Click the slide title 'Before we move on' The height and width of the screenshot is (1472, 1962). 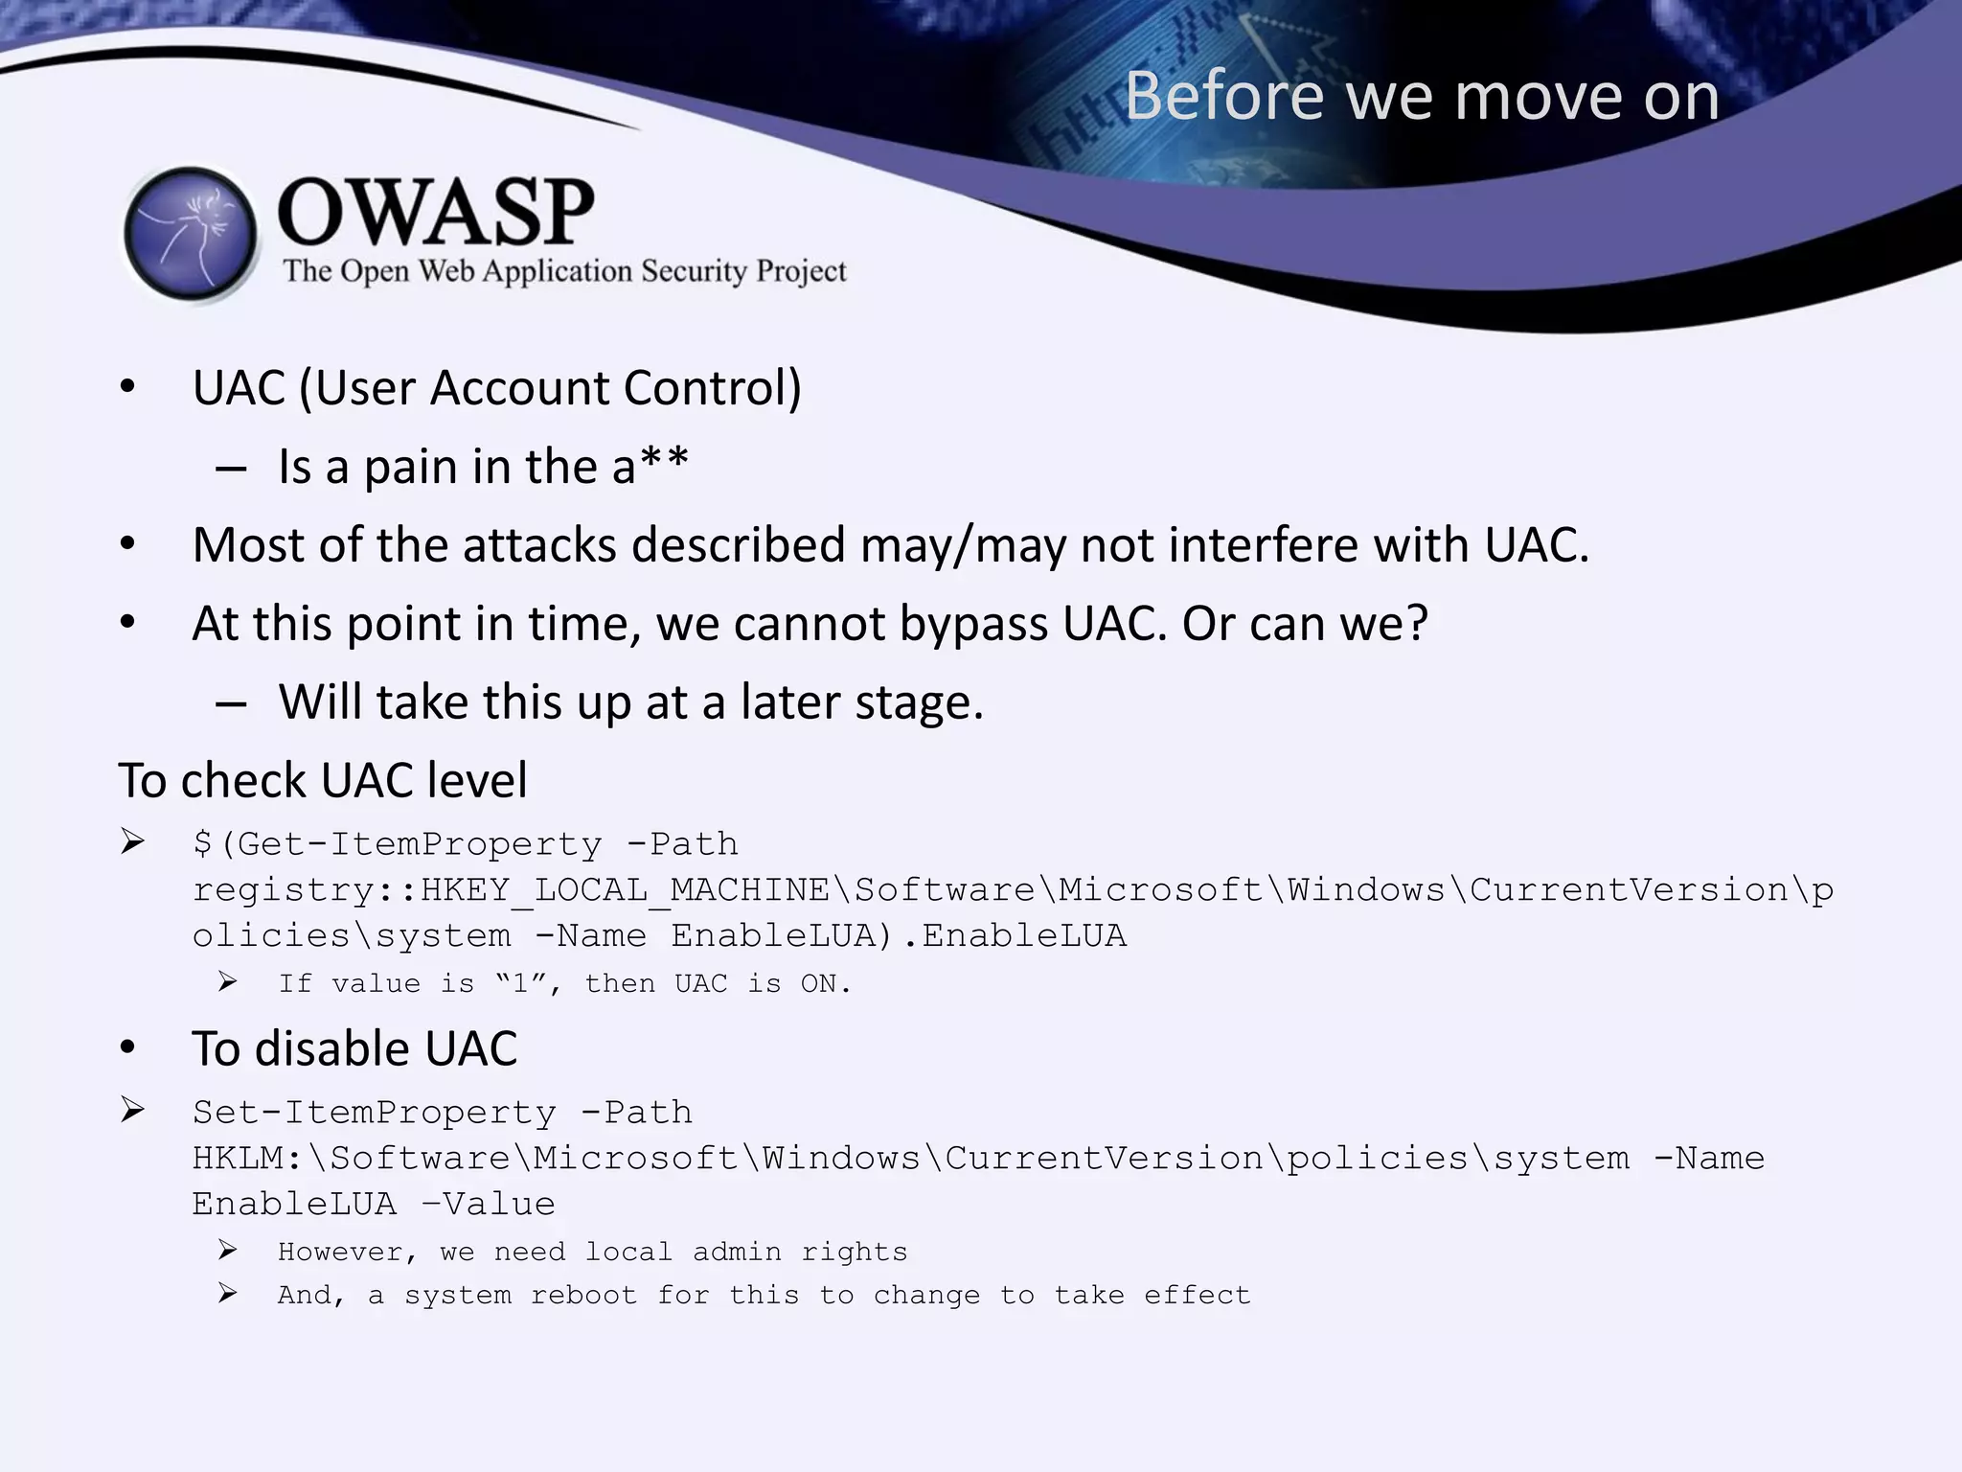pyautogui.click(x=1422, y=97)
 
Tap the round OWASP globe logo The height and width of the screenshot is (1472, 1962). pyautogui.click(x=192, y=234)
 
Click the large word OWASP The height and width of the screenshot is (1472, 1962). pyautogui.click(x=436, y=212)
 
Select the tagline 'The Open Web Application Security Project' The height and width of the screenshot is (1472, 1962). pyautogui.click(x=564, y=271)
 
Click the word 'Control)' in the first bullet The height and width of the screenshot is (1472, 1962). pyautogui.click(x=712, y=388)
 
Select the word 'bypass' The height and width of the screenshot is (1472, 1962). pyautogui.click(x=973, y=625)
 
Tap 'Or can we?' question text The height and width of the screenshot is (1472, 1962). pyautogui.click(x=1305, y=624)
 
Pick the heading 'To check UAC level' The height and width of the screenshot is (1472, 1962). pyautogui.click(x=323, y=780)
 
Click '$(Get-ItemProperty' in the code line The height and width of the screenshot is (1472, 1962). pyautogui.click(x=397, y=844)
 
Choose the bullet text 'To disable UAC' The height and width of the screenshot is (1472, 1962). pyautogui.click(x=354, y=1048)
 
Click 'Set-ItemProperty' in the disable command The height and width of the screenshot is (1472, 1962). pyautogui.click(x=374, y=1113)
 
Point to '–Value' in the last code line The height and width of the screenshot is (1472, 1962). pyautogui.click(x=489, y=1205)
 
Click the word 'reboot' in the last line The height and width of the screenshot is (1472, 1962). pyautogui.click(x=583, y=1296)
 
